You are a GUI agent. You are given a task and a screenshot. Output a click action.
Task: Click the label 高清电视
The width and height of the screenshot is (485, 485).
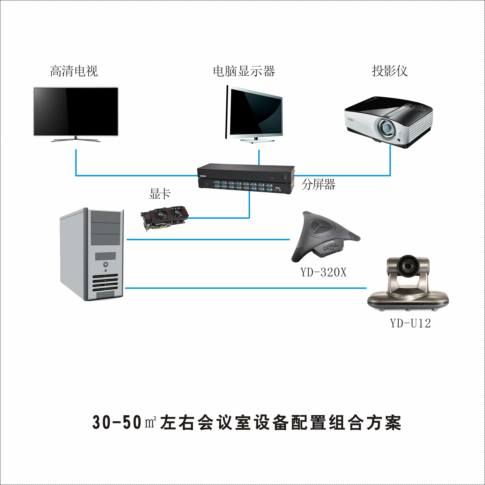[74, 71]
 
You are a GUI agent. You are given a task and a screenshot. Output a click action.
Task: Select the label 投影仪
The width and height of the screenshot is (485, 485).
[390, 71]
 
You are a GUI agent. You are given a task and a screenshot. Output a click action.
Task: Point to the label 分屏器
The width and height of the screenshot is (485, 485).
[318, 184]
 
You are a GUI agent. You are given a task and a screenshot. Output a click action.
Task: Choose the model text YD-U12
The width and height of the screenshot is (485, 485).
[410, 323]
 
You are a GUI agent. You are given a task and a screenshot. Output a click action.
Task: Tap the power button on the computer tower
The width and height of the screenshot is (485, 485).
[105, 264]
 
